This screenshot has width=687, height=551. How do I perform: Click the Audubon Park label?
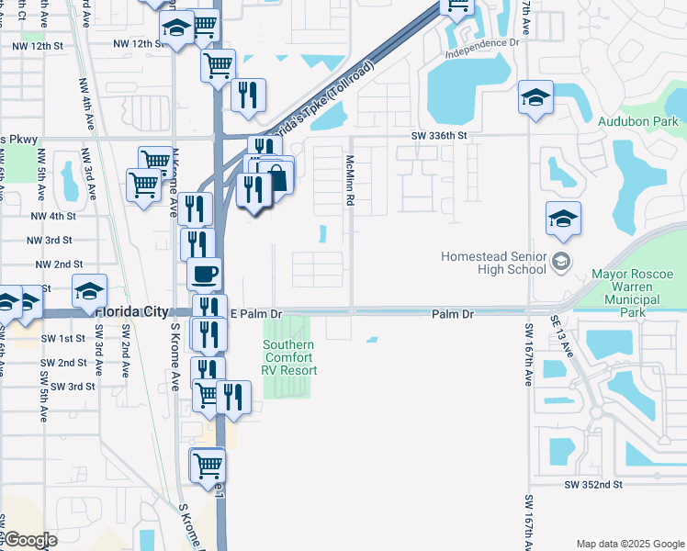point(636,121)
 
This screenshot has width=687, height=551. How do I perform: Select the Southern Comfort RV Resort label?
point(289,358)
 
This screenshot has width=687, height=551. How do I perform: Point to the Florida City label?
point(130,312)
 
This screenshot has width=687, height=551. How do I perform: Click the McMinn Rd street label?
point(350,180)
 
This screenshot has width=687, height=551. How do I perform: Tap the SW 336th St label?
point(440,135)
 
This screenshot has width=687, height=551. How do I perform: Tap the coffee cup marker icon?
point(204,273)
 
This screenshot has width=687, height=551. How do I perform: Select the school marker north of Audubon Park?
point(535,97)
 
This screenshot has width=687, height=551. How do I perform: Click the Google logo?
point(30,539)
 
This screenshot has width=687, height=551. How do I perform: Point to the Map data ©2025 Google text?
point(630,544)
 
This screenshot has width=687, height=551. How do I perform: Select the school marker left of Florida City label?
point(89,290)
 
